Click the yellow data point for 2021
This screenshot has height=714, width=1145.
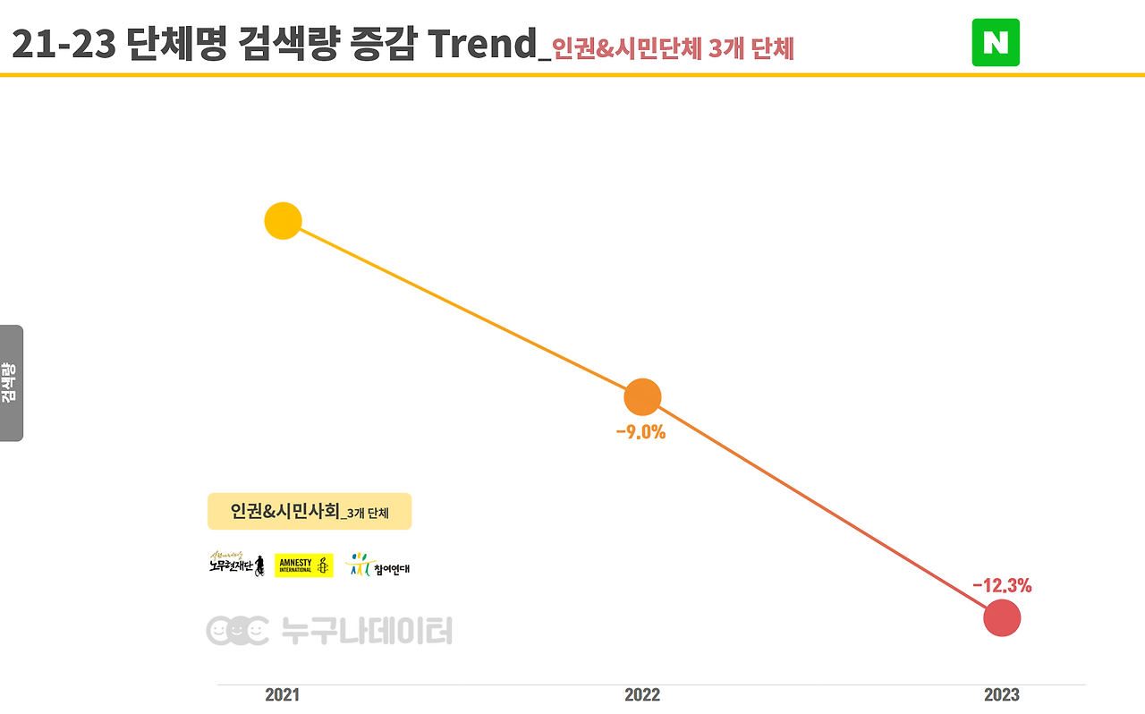[283, 221]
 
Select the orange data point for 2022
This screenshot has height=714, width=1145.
[642, 397]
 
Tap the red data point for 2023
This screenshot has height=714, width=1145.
[1002, 618]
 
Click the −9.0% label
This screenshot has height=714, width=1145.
[640, 433]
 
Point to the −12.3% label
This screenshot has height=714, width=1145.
[1002, 586]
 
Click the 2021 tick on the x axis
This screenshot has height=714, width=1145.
[283, 695]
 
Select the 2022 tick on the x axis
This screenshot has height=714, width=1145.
[642, 695]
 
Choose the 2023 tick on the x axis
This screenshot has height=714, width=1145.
[1002, 695]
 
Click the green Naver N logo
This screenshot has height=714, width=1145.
[996, 43]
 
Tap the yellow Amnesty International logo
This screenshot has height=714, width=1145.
[304, 565]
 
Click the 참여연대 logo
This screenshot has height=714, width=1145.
[377, 565]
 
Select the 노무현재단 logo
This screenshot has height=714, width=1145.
[236, 565]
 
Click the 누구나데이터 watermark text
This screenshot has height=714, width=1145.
[367, 632]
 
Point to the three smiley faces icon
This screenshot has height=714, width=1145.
[237, 632]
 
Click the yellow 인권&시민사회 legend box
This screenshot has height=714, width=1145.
[310, 512]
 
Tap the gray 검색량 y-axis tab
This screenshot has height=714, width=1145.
[11, 383]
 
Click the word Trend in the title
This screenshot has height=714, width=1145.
[482, 45]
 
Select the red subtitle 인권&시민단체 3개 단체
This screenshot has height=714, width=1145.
[673, 48]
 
